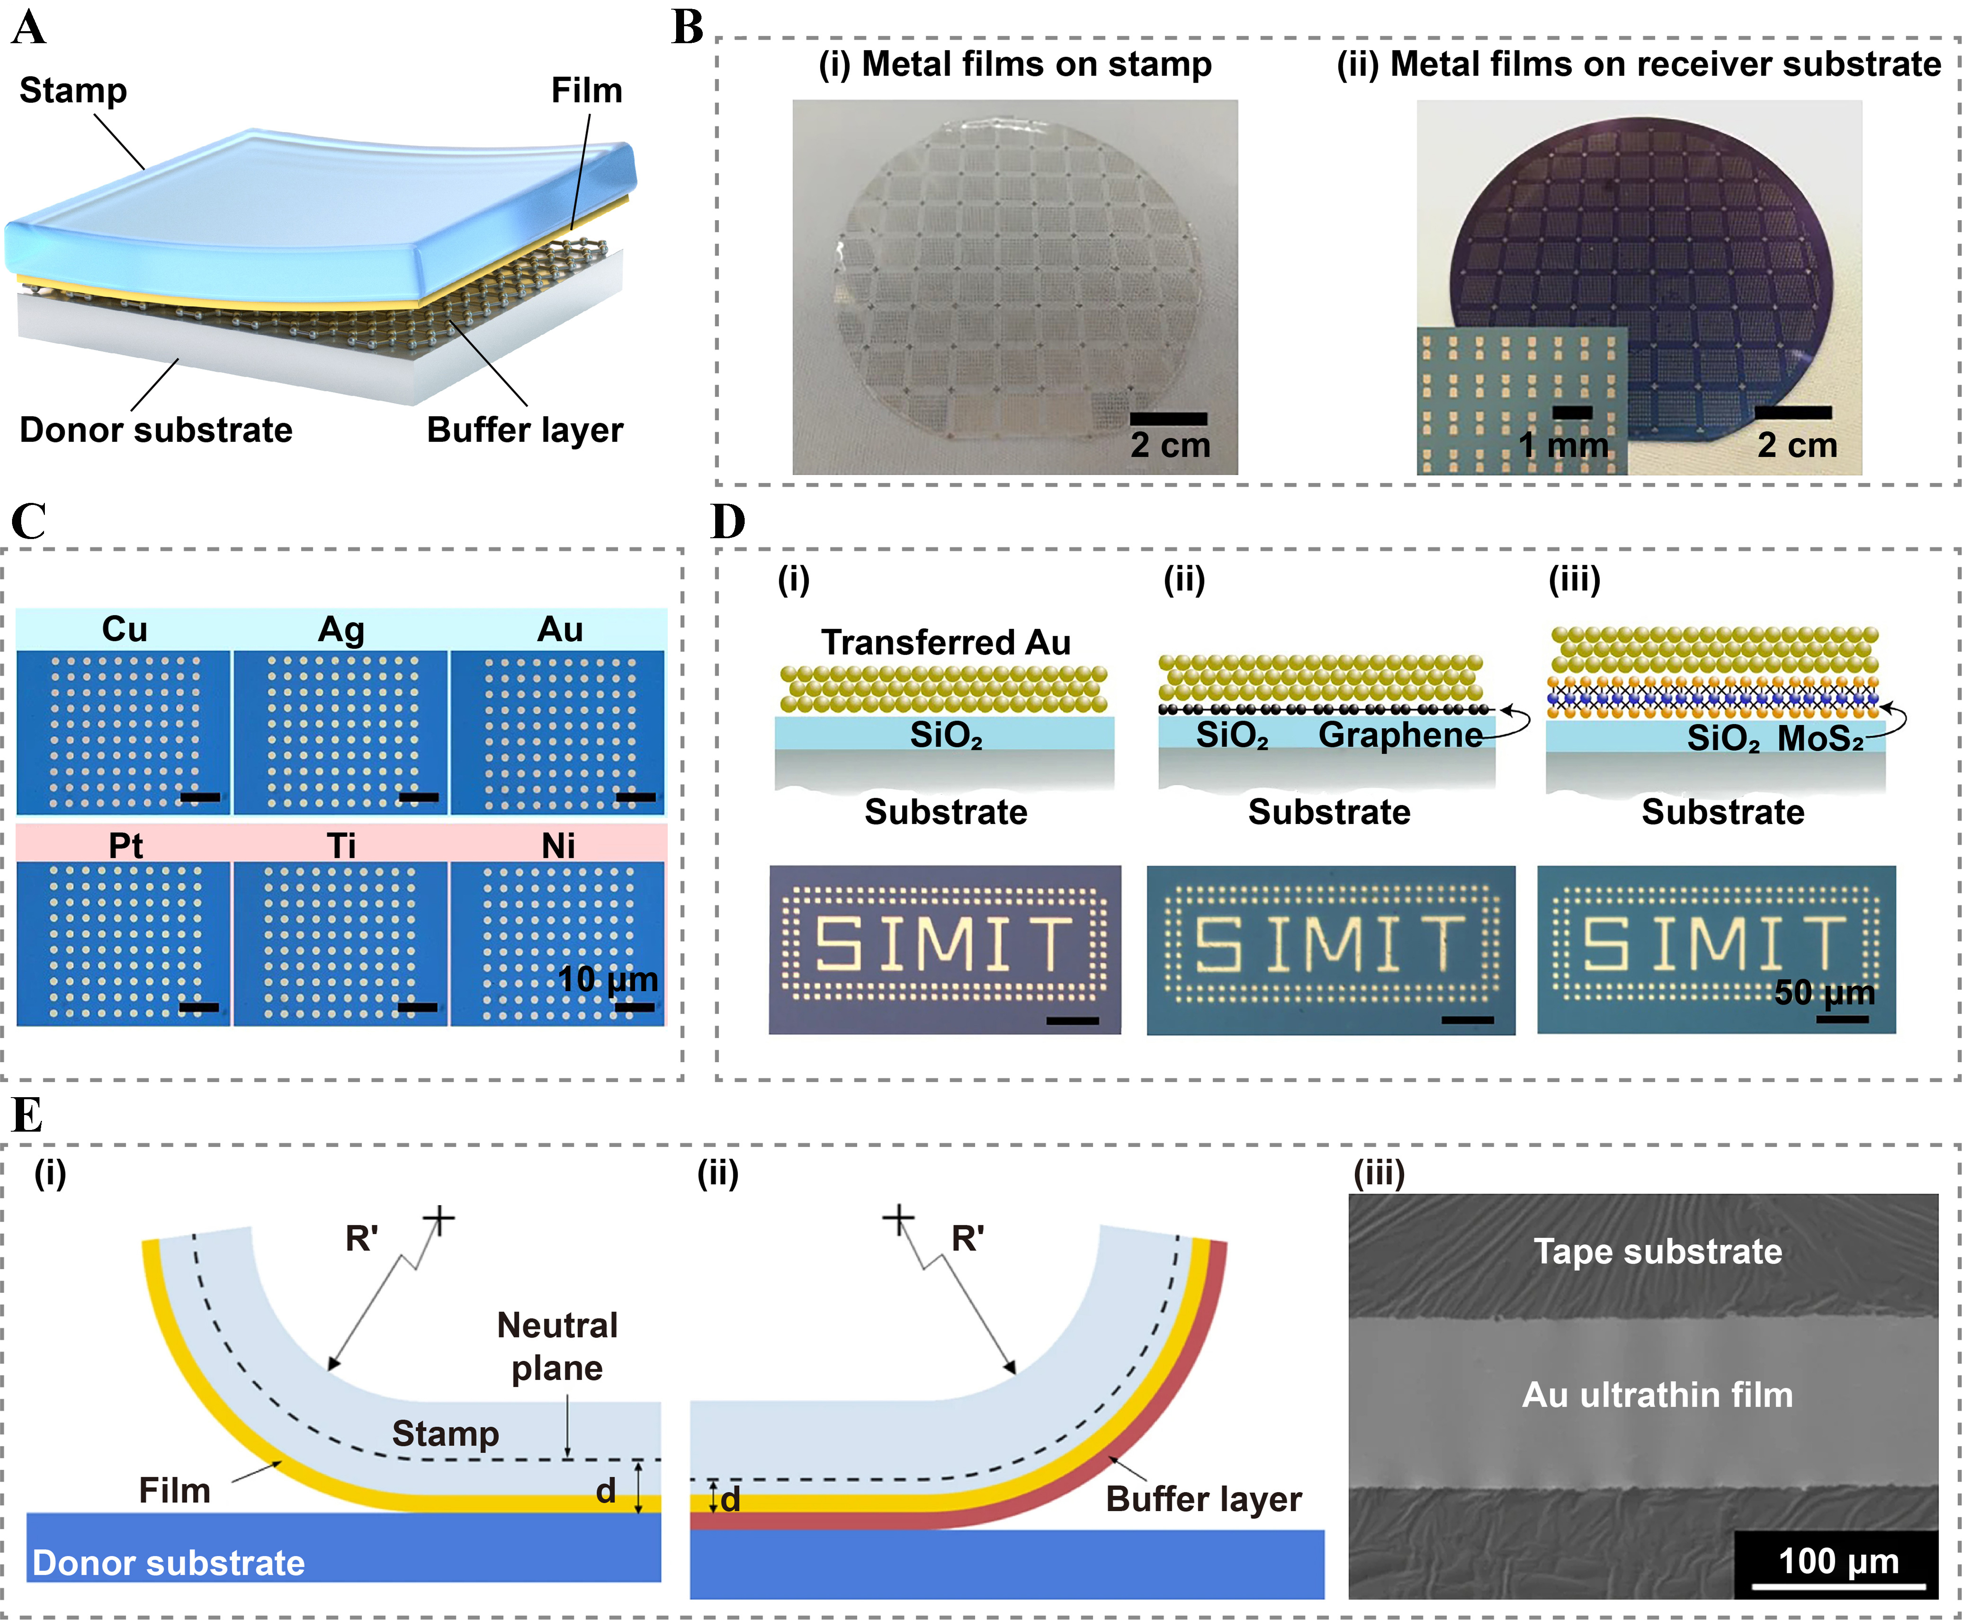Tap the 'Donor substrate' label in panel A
coord(156,430)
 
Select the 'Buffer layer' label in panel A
coord(525,430)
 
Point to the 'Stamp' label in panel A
coord(73,91)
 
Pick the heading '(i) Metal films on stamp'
coord(1015,64)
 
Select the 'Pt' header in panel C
coord(125,846)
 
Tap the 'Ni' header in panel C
coord(558,846)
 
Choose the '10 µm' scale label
coord(608,979)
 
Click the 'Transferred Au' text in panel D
coord(946,643)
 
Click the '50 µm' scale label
coord(1824,992)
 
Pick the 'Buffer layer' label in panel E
coord(1203,1499)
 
